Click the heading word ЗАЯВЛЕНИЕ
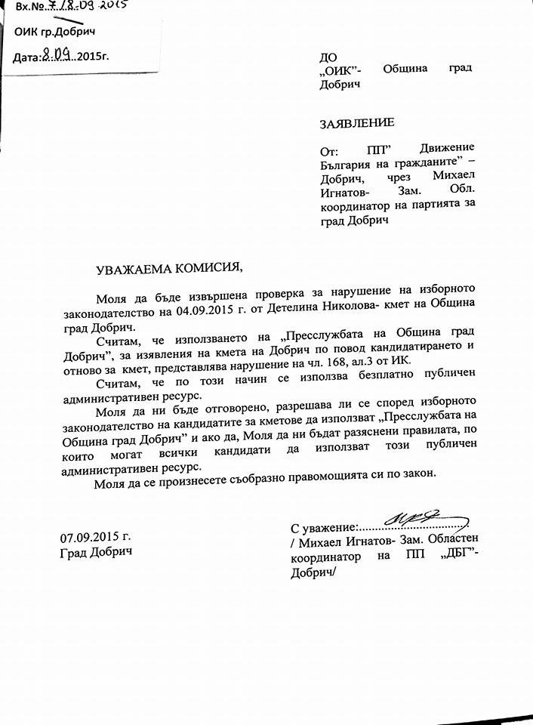pyautogui.click(x=356, y=122)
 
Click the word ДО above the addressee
pyautogui.click(x=328, y=56)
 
